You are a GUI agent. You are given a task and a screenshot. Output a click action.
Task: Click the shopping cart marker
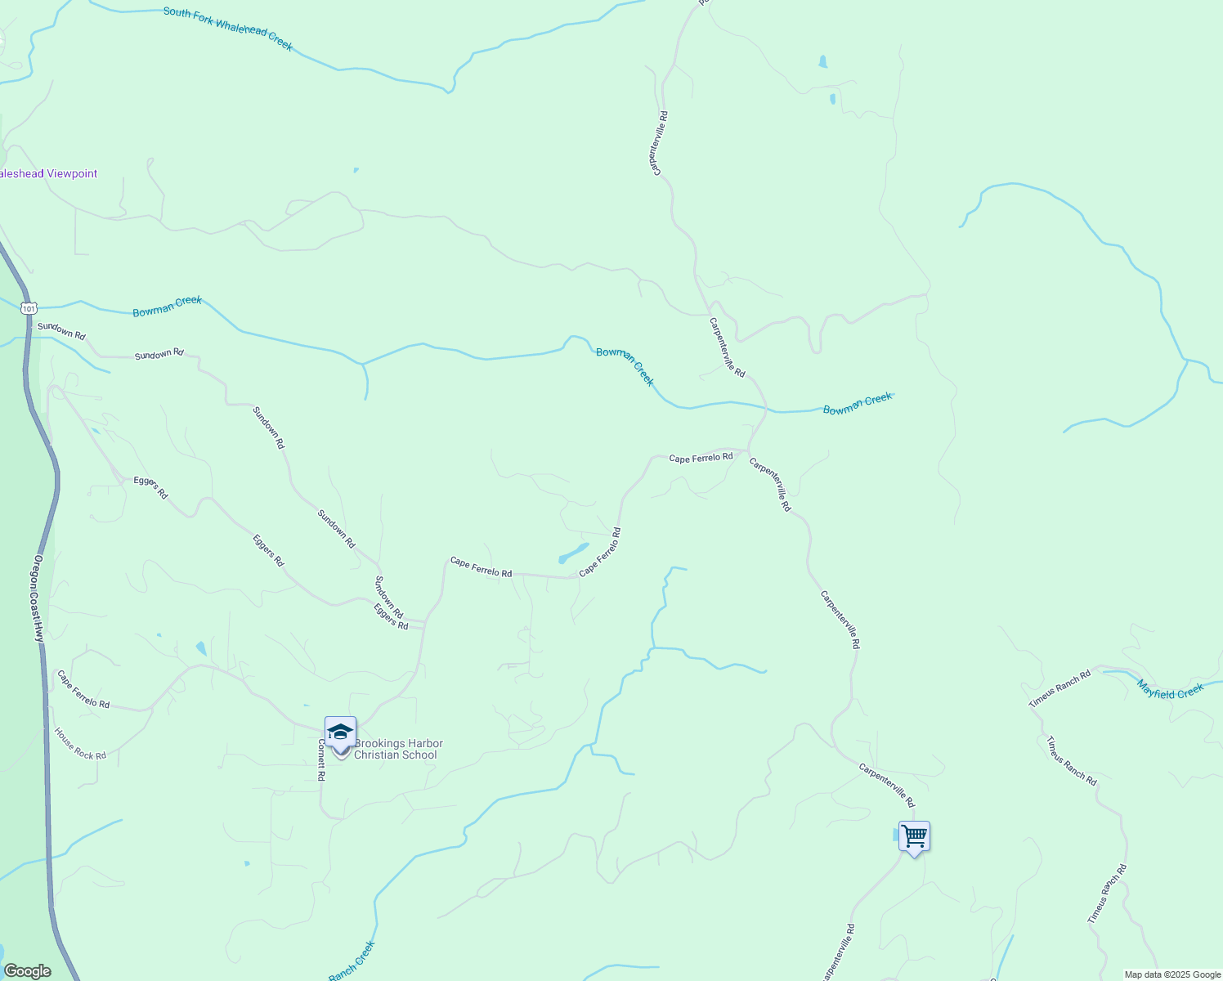tap(914, 836)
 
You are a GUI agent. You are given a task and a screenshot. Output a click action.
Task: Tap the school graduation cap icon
tap(340, 731)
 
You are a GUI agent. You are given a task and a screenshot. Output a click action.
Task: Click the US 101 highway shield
tap(29, 308)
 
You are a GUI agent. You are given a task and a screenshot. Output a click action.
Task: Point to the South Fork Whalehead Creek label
tap(227, 29)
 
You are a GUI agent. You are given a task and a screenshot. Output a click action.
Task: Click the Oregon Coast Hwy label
tap(38, 599)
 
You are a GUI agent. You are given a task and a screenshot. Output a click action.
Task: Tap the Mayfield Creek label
tap(1170, 691)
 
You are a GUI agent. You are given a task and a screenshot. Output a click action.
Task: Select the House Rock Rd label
tap(80, 744)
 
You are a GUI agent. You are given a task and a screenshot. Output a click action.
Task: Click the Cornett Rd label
tap(320, 760)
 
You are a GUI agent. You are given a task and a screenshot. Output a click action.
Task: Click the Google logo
tap(26, 971)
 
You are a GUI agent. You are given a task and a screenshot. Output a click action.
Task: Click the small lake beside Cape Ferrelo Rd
tap(573, 553)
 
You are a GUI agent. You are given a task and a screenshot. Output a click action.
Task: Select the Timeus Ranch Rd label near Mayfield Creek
tap(1059, 689)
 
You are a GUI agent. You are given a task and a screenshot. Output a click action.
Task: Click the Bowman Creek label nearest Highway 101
tap(167, 307)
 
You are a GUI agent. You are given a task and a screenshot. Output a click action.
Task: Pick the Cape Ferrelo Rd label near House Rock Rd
tap(83, 689)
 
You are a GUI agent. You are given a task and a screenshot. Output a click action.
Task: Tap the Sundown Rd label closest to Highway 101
tap(61, 330)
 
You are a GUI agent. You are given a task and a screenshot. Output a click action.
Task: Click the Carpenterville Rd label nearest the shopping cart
tap(886, 785)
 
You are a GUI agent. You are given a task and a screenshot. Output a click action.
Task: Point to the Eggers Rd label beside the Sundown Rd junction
tap(391, 616)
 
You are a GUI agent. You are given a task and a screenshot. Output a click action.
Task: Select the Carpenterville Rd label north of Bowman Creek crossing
tap(727, 347)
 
